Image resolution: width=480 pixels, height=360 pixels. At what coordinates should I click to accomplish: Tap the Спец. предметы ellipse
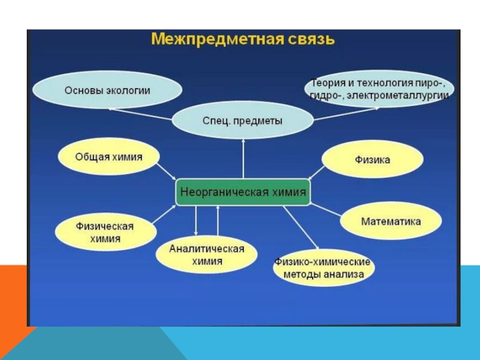(243, 120)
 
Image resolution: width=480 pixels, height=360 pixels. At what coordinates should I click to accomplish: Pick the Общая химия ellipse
(109, 157)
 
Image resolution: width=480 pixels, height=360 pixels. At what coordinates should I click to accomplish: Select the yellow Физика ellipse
(373, 160)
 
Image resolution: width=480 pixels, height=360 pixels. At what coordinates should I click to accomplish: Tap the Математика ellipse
(391, 221)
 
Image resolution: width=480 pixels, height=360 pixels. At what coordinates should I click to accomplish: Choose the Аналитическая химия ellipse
(206, 255)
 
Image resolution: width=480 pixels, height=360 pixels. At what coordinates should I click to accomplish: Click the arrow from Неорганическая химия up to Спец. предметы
(243, 159)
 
